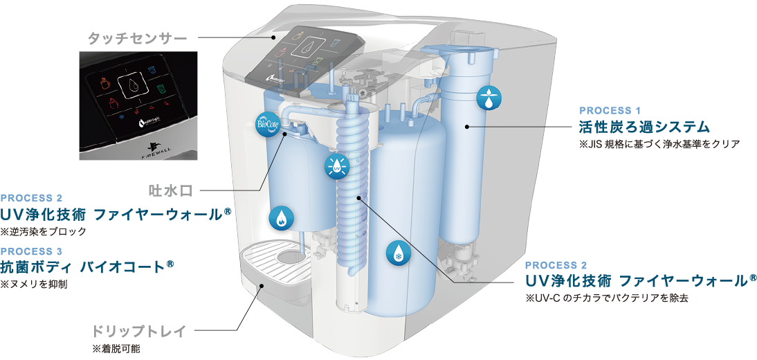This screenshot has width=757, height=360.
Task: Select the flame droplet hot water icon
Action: (x=281, y=219)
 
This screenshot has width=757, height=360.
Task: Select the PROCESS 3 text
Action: (x=32, y=251)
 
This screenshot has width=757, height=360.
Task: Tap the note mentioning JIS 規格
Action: (x=659, y=145)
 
